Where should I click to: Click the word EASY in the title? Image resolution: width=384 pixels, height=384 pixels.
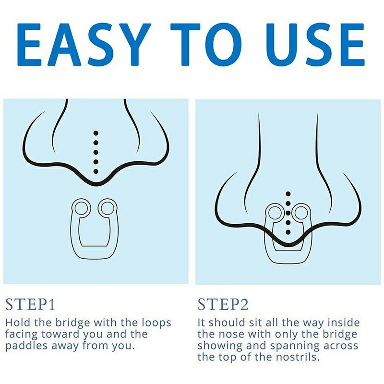[84, 45]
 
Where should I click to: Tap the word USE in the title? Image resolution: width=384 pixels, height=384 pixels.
[315, 45]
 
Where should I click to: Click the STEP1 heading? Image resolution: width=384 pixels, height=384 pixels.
[30, 304]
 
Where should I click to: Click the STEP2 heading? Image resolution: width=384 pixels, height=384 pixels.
[223, 304]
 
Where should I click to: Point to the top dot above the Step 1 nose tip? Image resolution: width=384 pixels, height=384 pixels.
[96, 133]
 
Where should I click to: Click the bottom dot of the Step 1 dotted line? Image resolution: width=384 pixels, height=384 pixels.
[96, 171]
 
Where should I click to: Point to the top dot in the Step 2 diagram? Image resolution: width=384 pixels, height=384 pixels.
[288, 194]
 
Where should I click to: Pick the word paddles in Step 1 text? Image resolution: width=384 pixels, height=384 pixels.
[27, 346]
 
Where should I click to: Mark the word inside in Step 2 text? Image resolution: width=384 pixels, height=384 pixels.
[344, 323]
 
